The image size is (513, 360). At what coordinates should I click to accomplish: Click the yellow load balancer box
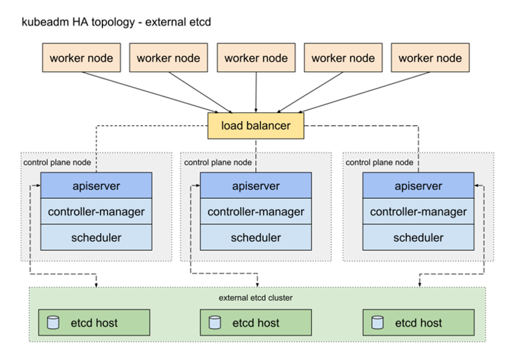256,126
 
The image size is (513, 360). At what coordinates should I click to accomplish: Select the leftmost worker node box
81,58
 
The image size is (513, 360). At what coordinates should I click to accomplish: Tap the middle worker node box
256,58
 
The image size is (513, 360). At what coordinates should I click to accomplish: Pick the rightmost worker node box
430,58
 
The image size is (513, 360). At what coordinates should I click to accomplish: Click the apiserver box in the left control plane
96,186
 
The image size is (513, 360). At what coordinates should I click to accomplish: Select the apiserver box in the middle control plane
256,186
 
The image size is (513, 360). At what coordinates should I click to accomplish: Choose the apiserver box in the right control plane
418,186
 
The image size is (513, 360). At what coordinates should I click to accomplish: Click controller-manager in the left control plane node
96,211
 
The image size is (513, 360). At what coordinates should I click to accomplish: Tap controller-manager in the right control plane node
418,211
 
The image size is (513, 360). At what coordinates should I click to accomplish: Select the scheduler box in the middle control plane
256,238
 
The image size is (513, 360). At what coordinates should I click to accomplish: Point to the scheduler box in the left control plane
96,238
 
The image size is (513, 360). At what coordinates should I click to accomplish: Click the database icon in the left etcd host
53,323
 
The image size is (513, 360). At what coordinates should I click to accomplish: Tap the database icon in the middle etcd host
215,323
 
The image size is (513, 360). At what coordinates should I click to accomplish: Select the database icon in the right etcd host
377,323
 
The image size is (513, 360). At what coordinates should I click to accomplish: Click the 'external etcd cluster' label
256,298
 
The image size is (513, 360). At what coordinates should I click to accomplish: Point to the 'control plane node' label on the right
379,162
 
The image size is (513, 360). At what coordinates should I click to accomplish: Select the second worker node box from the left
168,58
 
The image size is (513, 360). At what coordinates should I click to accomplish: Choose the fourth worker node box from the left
343,58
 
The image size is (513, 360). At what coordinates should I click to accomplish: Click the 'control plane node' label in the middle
218,162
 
